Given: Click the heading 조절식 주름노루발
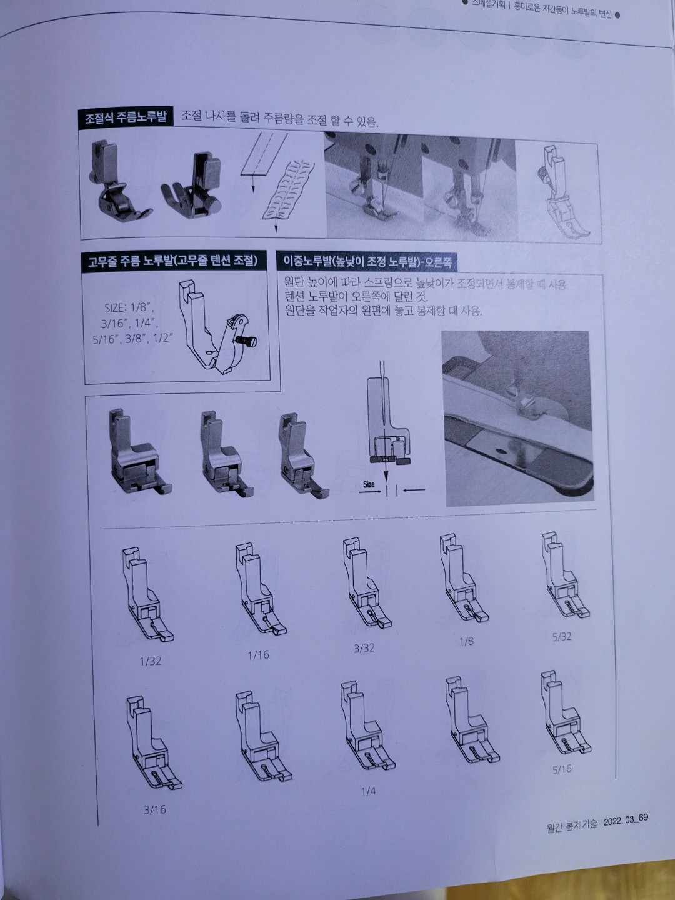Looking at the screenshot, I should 126,117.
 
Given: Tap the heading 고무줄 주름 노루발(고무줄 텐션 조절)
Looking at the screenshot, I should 172,261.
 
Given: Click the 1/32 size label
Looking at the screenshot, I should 150,661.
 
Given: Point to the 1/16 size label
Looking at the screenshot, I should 258,655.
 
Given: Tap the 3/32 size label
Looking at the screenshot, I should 364,647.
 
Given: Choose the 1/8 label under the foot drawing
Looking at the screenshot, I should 466,642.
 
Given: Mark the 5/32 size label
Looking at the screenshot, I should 562,637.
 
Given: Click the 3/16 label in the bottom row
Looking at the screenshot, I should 154,809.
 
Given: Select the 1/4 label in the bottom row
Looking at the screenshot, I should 368,791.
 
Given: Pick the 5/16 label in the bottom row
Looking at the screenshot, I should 562,769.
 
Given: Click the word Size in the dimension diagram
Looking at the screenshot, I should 369,484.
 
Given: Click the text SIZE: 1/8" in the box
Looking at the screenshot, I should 129,308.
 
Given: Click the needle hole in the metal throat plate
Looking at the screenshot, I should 499,450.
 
